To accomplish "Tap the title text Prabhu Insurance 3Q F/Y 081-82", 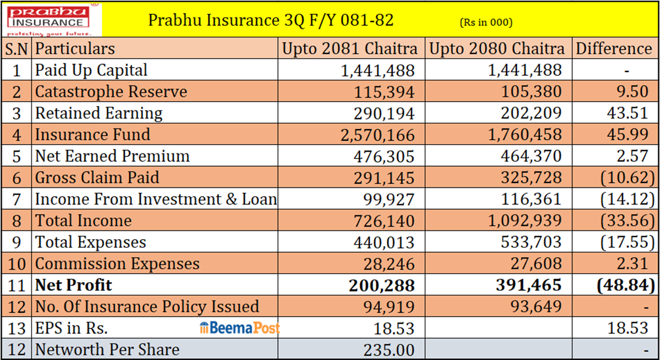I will tap(271, 21).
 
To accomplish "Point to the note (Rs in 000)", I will tap(486, 23).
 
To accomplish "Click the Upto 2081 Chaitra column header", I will tap(350, 49).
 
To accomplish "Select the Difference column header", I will tap(614, 49).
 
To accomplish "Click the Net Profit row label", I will tap(73, 285).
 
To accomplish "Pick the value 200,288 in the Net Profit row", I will tap(381, 285).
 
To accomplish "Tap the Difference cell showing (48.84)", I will tap(623, 285).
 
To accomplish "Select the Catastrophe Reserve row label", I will tap(111, 92).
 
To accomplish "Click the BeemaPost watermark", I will tap(240, 328).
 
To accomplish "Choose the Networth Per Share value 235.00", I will tap(389, 350).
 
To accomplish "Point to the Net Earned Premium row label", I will tap(112, 156).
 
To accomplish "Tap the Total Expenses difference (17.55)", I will tap(623, 242).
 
